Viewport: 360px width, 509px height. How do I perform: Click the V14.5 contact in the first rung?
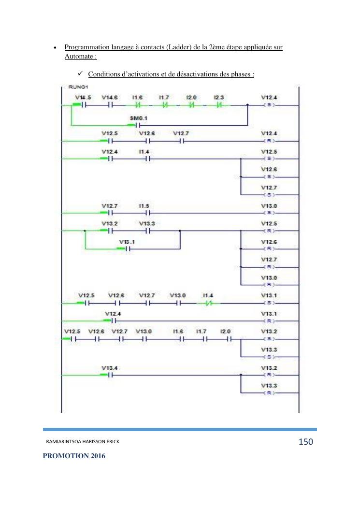click(x=83, y=104)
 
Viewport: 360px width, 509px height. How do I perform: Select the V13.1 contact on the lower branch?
click(x=127, y=249)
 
